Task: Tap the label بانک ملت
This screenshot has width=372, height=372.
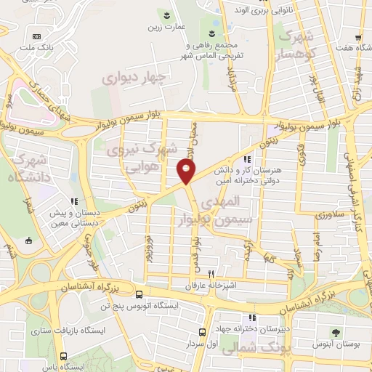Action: tap(36, 48)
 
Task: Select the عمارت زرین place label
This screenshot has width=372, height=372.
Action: tap(166, 27)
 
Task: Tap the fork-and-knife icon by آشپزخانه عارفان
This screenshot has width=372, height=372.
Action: tap(211, 275)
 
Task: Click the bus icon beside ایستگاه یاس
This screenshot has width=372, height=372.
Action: tap(63, 357)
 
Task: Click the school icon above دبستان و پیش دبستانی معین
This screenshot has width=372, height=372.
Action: tap(72, 202)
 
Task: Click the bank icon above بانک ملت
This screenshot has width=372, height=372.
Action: tap(36, 36)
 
